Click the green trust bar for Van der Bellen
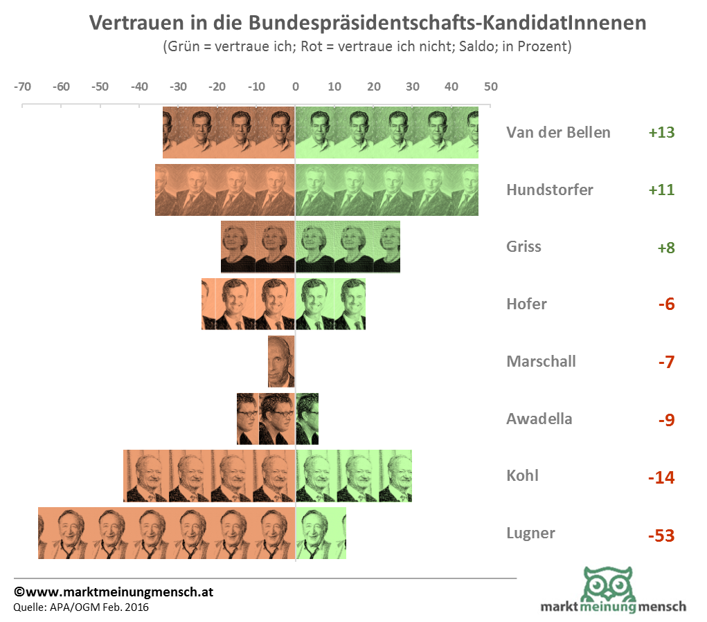pos(386,132)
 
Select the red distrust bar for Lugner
pos(166,533)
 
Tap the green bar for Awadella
pos(307,419)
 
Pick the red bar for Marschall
pos(281,361)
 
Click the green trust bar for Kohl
pos(353,475)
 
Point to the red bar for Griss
pos(258,246)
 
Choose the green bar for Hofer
pos(330,304)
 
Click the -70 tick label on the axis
pos(22,87)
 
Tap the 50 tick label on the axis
pos(490,87)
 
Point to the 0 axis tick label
pos(296,87)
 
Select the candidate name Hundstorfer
pos(550,190)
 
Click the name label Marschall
pos(541,361)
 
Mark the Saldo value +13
pos(661,133)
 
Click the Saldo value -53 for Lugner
pos(661,536)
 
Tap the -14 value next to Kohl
pos(661,477)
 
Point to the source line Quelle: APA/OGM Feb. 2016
pos(81,607)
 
